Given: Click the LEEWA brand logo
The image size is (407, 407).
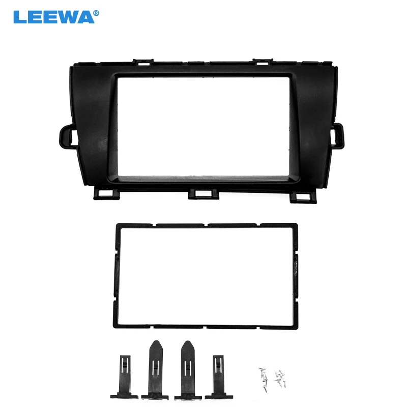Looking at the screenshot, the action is pyautogui.click(x=56, y=17).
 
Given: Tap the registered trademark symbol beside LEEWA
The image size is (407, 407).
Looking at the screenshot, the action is pyautogui.click(x=96, y=13).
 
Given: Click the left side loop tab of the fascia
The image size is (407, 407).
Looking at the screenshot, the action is pyautogui.click(x=69, y=136).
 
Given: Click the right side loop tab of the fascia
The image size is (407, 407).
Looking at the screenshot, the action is pyautogui.click(x=338, y=136).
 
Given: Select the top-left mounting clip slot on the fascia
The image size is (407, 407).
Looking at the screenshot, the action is pyautogui.click(x=143, y=62).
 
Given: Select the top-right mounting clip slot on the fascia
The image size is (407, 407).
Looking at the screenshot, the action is pyautogui.click(x=263, y=62).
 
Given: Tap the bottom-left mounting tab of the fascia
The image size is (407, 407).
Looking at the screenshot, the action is pyautogui.click(x=106, y=194).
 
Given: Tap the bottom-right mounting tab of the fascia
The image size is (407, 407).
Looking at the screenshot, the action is pyautogui.click(x=303, y=197).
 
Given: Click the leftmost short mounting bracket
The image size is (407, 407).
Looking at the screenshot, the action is pyautogui.click(x=125, y=377).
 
